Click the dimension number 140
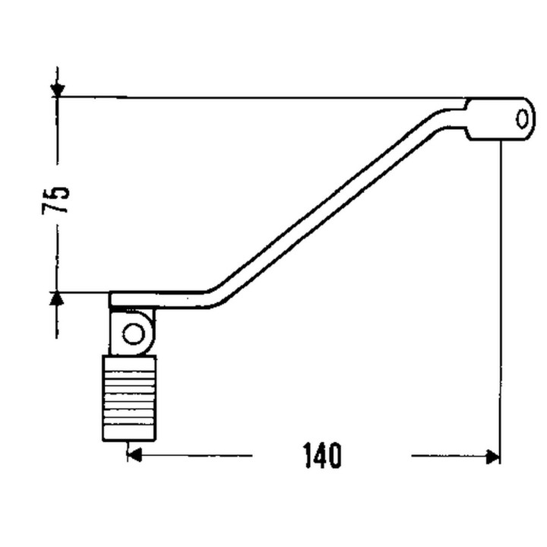point(323,456)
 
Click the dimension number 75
point(55,201)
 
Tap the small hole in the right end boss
point(522,119)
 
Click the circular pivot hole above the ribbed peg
point(134,334)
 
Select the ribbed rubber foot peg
point(128,398)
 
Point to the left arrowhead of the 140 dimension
point(134,455)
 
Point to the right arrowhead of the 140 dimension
point(493,456)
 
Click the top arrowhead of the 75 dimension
point(57,90)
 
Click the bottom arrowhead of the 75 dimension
point(57,299)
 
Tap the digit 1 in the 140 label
point(308,456)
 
